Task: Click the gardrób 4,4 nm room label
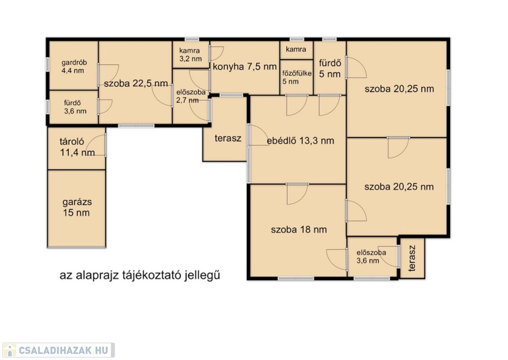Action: point(74,67)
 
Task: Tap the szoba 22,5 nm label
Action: point(136,84)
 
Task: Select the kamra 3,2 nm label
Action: point(190,55)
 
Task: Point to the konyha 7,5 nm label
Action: point(245,67)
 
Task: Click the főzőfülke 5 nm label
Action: point(297,77)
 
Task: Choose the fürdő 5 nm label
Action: point(330,69)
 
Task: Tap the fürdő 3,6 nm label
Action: point(75,107)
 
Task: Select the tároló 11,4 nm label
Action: point(77,147)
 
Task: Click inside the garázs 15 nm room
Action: point(77,208)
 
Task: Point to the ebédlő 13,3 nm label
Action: point(300,141)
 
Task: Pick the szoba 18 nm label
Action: point(299,229)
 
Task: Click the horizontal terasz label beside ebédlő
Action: point(228,138)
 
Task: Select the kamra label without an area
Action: point(296,49)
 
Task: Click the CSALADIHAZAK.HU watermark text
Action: point(63,350)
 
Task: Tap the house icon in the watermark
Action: point(10,350)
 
